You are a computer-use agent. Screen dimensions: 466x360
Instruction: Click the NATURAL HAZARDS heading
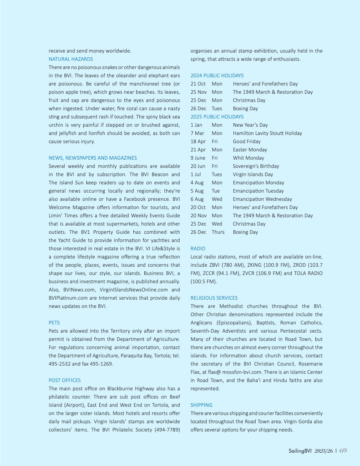click(x=71, y=59)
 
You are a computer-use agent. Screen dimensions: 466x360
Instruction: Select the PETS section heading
click(x=54, y=323)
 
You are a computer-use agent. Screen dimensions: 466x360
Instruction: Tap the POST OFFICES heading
click(x=65, y=380)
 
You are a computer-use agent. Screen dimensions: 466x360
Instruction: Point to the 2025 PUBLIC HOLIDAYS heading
click(x=217, y=117)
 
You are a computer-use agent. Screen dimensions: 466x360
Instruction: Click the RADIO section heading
click(x=198, y=249)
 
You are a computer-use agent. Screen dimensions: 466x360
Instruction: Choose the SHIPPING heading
click(x=201, y=405)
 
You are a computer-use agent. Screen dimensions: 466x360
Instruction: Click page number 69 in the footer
click(x=343, y=451)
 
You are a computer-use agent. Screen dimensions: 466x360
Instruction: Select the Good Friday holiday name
click(x=247, y=142)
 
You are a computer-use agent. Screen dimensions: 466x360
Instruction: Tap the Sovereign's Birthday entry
click(x=256, y=166)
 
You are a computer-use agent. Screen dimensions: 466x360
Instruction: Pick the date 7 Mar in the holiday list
click(x=197, y=133)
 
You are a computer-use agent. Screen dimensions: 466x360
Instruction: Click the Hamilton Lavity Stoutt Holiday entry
click(x=267, y=133)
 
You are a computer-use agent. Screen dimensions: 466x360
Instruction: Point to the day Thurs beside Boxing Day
click(x=218, y=232)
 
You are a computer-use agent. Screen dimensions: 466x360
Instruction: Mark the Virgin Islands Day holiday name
click(x=253, y=175)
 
